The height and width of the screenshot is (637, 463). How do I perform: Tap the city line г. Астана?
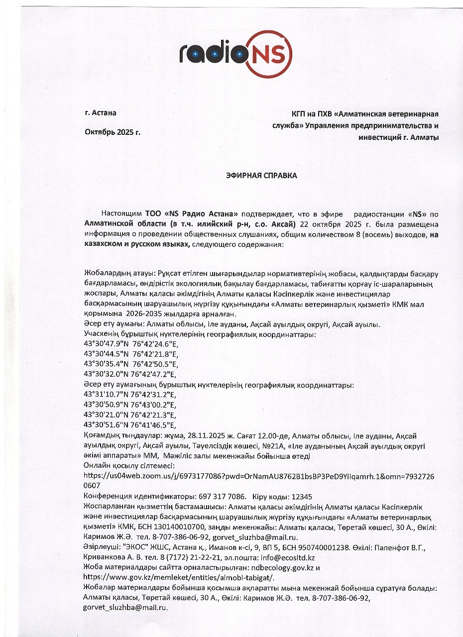(101, 112)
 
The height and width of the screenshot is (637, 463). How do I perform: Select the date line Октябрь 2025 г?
(113, 132)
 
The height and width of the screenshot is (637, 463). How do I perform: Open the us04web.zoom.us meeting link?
(258, 476)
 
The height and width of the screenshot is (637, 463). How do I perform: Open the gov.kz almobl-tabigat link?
(178, 577)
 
